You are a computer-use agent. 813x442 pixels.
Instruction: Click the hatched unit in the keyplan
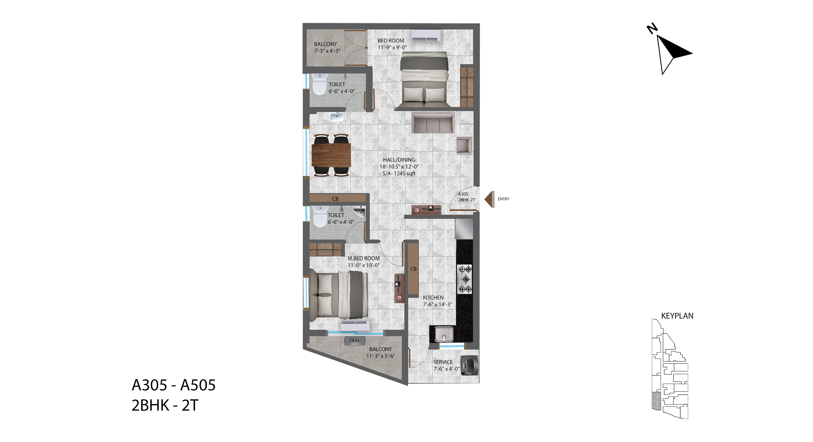(656, 401)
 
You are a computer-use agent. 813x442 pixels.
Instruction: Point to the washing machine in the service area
(469, 366)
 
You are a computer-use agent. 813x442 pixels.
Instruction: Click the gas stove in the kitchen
(465, 279)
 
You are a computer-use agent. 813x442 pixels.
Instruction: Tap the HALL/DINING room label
(399, 160)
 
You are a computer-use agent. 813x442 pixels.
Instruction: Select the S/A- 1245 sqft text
(399, 173)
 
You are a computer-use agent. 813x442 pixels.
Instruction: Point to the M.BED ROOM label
(364, 258)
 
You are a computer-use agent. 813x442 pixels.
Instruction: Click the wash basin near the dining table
(337, 117)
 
